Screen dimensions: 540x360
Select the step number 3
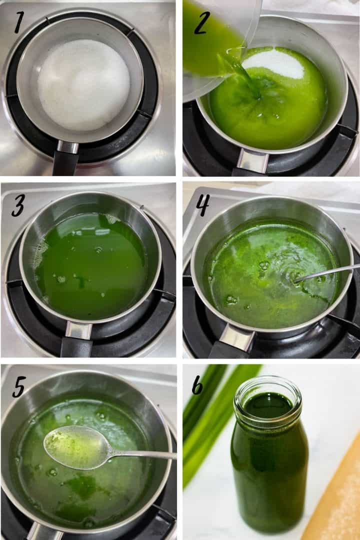pos(18,204)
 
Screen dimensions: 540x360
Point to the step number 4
pos(202,204)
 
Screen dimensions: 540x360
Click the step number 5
pos(18,386)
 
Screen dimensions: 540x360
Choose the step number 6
pos(197,384)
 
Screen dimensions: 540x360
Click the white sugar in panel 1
pos(83,85)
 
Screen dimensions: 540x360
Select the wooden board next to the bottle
pos(337,500)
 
